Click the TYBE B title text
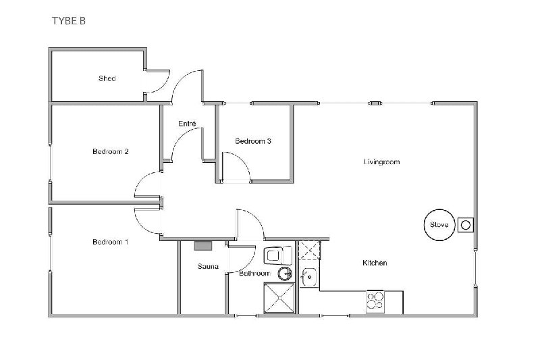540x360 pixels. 68,20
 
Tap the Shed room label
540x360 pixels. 107,79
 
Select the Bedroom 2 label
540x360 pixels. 111,152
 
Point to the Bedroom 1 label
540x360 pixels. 110,242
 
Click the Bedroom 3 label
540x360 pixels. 253,141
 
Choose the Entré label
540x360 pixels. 187,124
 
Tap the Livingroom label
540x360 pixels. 382,162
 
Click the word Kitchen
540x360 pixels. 375,263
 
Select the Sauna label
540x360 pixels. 208,266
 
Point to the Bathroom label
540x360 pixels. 254,274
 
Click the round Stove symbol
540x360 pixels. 435,224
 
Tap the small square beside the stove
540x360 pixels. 465,224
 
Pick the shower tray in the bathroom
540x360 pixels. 279,299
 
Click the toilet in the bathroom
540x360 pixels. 274,255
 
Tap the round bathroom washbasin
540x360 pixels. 285,274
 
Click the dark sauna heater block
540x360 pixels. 202,245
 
